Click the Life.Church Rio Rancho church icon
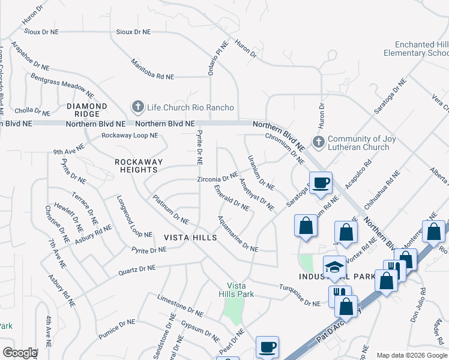click(137, 107)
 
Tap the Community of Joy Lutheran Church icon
click(318, 143)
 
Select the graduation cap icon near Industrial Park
click(334, 266)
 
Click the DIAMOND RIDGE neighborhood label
click(87, 110)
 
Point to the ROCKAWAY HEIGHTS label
click(136, 166)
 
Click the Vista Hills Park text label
click(240, 290)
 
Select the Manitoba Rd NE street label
click(152, 69)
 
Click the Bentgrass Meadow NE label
click(62, 86)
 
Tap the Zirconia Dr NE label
click(218, 178)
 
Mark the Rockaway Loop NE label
click(130, 136)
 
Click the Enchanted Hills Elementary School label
click(420, 49)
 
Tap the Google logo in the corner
click(20, 353)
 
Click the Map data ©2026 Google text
click(411, 355)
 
